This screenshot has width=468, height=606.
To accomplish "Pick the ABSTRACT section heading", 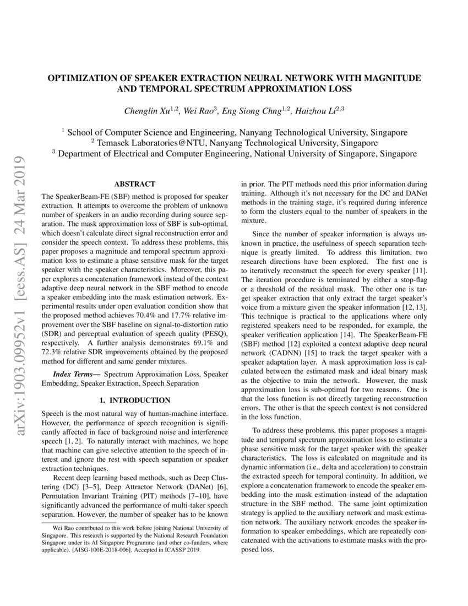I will pyautogui.click(x=134, y=183).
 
